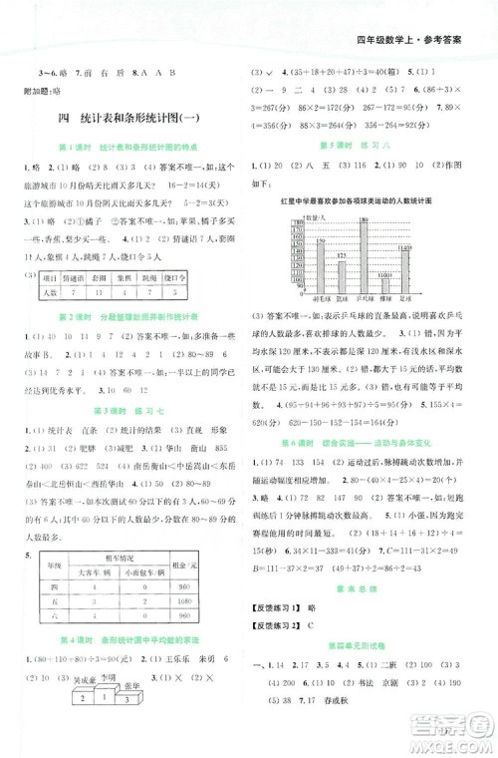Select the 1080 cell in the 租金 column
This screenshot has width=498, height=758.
[221, 632]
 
